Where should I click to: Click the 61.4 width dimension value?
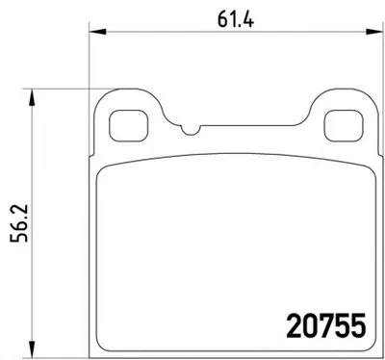[236, 19]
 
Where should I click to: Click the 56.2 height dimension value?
[19, 222]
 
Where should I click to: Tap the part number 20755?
[325, 325]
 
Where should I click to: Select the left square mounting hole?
[128, 126]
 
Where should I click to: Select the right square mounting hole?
[344, 126]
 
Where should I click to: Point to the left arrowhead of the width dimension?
[97, 32]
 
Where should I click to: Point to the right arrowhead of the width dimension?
[374, 32]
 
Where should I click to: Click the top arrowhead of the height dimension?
[31, 97]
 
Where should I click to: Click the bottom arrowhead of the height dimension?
[31, 348]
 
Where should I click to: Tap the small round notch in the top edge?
[191, 130]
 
